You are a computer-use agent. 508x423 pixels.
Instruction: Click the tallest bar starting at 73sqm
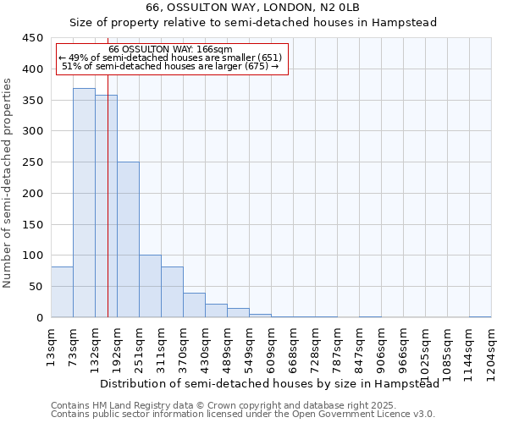tap(84, 203)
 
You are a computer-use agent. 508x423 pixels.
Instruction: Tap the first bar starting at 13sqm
tap(62, 292)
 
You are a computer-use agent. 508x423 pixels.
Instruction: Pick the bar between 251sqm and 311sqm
tap(150, 287)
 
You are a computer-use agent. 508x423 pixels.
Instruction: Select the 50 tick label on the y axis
tap(36, 287)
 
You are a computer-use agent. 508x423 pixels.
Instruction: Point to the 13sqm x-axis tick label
tap(51, 348)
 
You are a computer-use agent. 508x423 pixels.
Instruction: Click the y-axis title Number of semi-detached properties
tap(8, 183)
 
